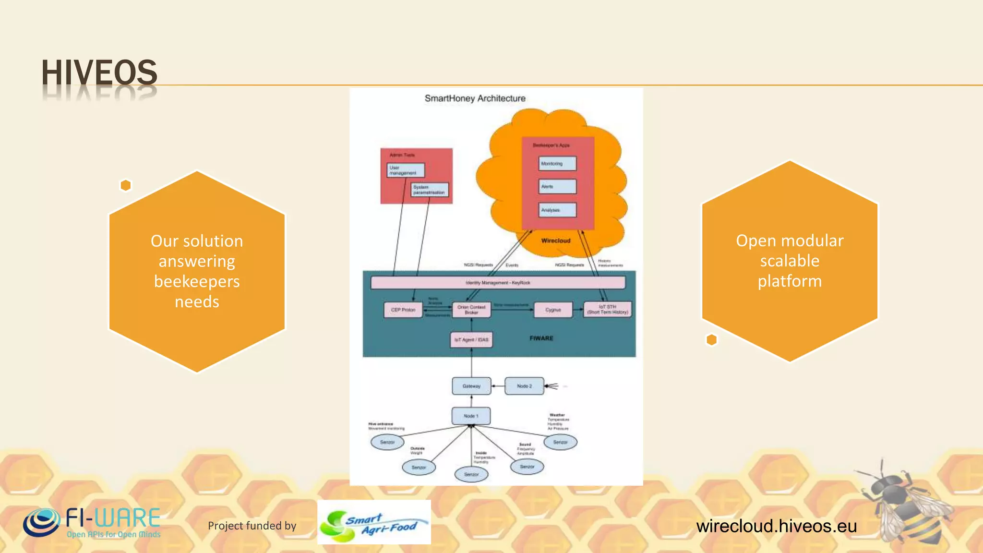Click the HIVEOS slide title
[x=99, y=73]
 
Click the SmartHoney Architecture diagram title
[x=475, y=98]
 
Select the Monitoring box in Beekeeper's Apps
[x=557, y=164]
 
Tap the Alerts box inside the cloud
[x=557, y=187]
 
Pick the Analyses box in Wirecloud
[x=557, y=210]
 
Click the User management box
[x=406, y=170]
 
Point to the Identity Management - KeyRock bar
[x=498, y=283]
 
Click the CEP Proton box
[x=403, y=310]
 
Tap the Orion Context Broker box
[x=471, y=310]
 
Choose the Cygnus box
[x=553, y=310]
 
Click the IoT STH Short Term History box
[x=607, y=310]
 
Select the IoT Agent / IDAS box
[x=471, y=340]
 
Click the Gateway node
[x=471, y=386]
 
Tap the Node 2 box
[x=524, y=386]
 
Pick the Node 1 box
[x=471, y=416]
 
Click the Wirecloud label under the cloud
[x=556, y=240]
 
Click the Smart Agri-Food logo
[x=374, y=523]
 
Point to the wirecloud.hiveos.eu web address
[x=776, y=526]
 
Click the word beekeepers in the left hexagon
[x=197, y=281]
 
